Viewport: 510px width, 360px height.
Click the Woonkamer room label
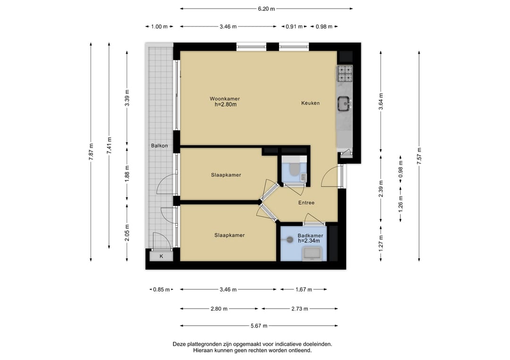[225, 99]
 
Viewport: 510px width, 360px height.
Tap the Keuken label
[310, 103]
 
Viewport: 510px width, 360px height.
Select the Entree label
[306, 203]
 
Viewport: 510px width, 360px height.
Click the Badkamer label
[310, 235]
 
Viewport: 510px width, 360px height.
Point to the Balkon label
[160, 146]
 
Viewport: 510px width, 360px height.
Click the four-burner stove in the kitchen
[345, 74]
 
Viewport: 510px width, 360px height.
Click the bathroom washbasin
[312, 253]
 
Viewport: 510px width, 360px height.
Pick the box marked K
[161, 256]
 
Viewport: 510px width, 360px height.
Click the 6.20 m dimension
[266, 9]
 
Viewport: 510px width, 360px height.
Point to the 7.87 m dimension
[91, 152]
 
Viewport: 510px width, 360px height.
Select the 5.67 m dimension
[259, 326]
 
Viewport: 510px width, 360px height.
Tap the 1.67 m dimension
[304, 289]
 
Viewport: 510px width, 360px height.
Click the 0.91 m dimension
[294, 26]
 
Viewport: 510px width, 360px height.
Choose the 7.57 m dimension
[419, 156]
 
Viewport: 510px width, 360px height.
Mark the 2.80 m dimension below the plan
[219, 309]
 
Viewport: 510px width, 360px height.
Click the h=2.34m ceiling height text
[309, 241]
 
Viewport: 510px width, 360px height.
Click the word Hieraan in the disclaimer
[202, 351]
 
